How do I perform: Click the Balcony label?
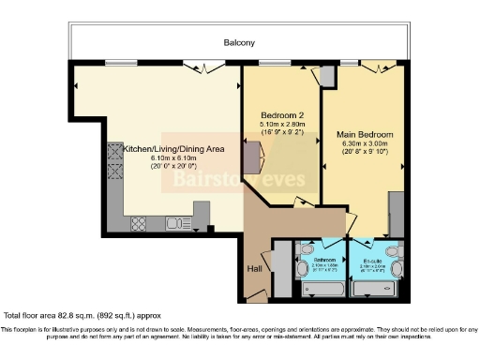coord(239,43)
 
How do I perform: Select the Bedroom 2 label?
coord(279,117)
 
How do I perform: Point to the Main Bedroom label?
coord(364,134)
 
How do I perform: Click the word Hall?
coord(254,269)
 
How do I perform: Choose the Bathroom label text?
coord(323,260)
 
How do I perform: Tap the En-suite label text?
coord(372,260)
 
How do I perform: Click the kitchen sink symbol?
coord(176,223)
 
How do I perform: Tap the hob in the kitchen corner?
coord(138,223)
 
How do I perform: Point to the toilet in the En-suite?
coord(395,269)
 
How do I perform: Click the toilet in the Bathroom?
coord(304,268)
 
